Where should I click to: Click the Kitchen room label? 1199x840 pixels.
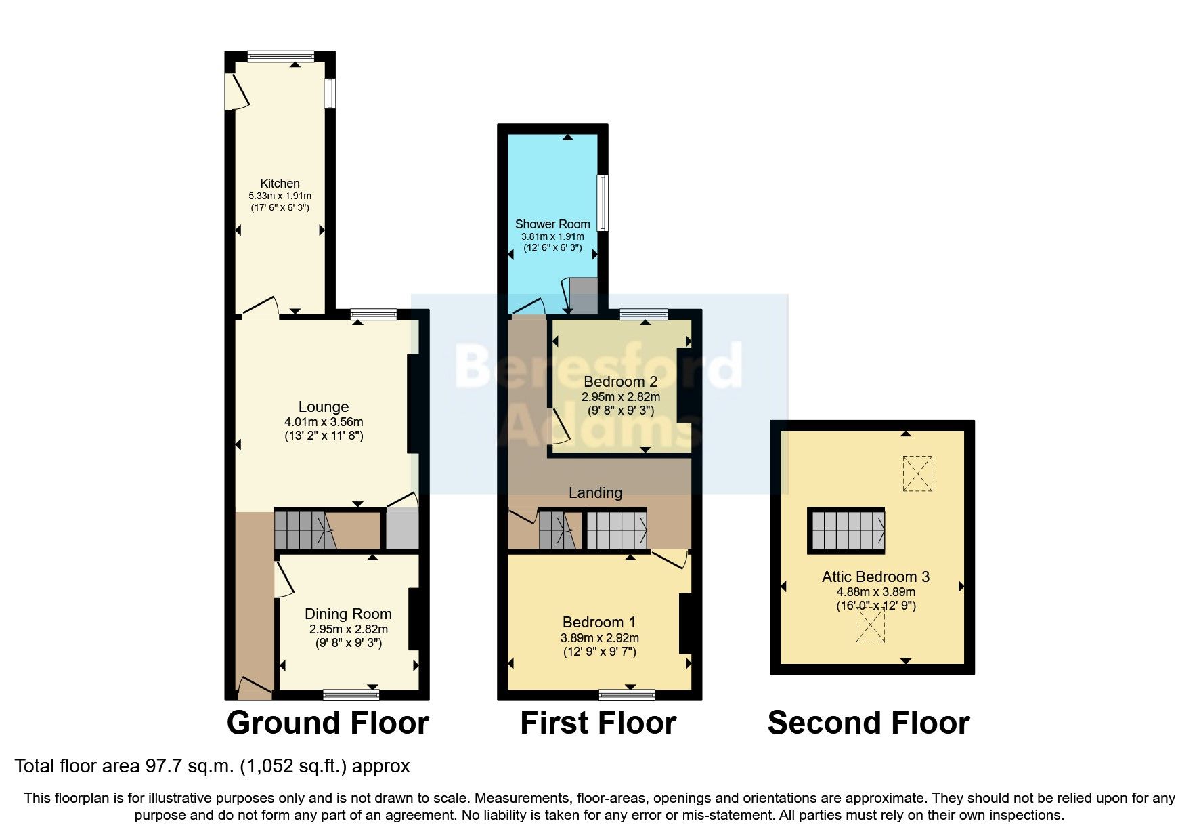coord(280,184)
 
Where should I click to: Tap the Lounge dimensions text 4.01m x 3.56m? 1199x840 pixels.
coord(324,422)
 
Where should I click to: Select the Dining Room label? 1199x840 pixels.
coord(348,614)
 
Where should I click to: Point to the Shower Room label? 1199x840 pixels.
coord(552,224)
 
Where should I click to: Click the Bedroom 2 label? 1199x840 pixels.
coord(620,382)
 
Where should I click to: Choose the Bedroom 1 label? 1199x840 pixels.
coord(599,623)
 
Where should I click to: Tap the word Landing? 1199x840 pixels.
coord(595,493)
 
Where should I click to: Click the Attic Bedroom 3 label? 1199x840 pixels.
coord(875,577)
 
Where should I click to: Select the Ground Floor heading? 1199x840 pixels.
coord(328,723)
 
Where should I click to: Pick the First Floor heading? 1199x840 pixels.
coord(598,723)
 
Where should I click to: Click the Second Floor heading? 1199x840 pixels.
coord(869,723)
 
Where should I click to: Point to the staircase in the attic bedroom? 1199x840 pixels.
coord(846,530)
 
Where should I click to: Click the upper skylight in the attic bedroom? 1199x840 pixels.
coord(917,474)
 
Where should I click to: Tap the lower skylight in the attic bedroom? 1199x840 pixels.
coord(870,625)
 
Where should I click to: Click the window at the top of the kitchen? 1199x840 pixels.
coord(280,57)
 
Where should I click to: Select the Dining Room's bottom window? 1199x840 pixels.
coord(351,694)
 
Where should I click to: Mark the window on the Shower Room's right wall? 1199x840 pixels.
coord(602,203)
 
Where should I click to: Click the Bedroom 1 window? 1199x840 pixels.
coord(627,694)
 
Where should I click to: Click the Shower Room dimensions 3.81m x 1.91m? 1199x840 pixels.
coord(552,237)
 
